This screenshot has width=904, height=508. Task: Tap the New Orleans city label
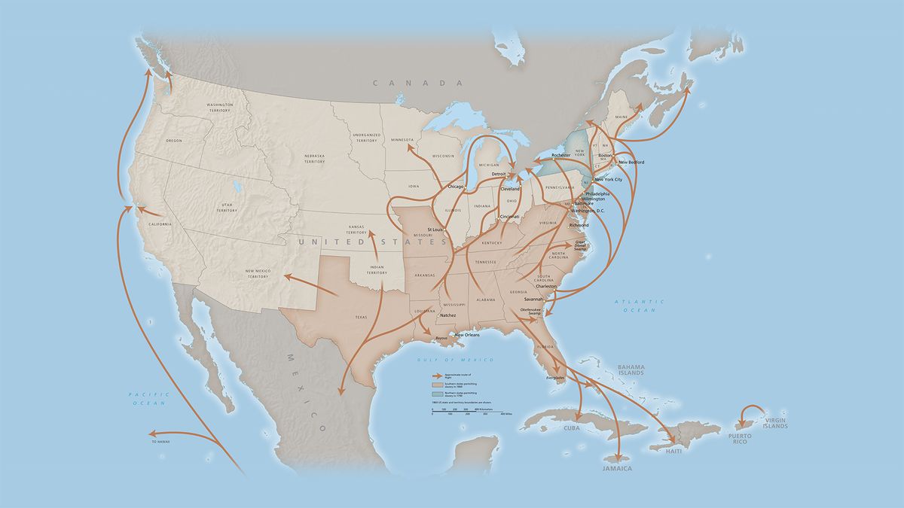(466, 335)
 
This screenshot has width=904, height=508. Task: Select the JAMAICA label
(616, 468)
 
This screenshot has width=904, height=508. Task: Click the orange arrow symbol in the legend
(435, 374)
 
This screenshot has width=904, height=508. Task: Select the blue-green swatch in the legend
(436, 393)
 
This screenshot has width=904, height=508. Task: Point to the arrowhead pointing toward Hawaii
(151, 433)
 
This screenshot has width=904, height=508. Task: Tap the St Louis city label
(435, 229)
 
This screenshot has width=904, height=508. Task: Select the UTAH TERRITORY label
(227, 208)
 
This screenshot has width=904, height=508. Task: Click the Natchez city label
(448, 315)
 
